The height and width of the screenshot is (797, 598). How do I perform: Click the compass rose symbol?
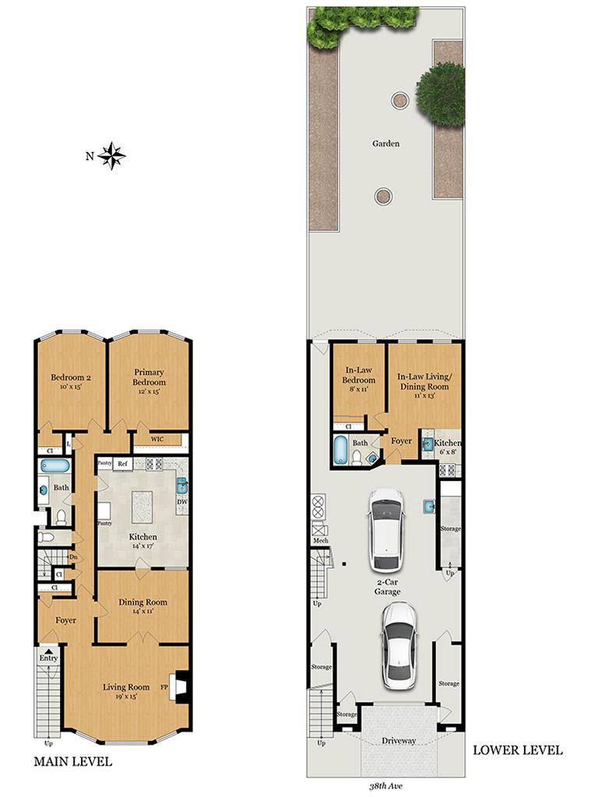114,156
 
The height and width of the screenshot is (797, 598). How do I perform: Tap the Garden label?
385,143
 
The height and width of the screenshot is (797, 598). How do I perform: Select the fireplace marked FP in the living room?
181,687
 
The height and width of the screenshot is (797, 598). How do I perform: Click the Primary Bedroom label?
149,377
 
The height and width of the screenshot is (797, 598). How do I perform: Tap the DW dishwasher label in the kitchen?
182,502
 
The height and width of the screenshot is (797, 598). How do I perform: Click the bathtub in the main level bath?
55,465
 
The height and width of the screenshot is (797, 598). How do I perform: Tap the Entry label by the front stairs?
49,658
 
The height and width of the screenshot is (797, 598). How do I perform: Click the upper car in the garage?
386,528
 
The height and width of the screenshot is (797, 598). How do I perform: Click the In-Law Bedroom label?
360,379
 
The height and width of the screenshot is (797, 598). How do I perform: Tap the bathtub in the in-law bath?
340,451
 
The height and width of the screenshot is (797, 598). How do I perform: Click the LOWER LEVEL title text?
518,750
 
